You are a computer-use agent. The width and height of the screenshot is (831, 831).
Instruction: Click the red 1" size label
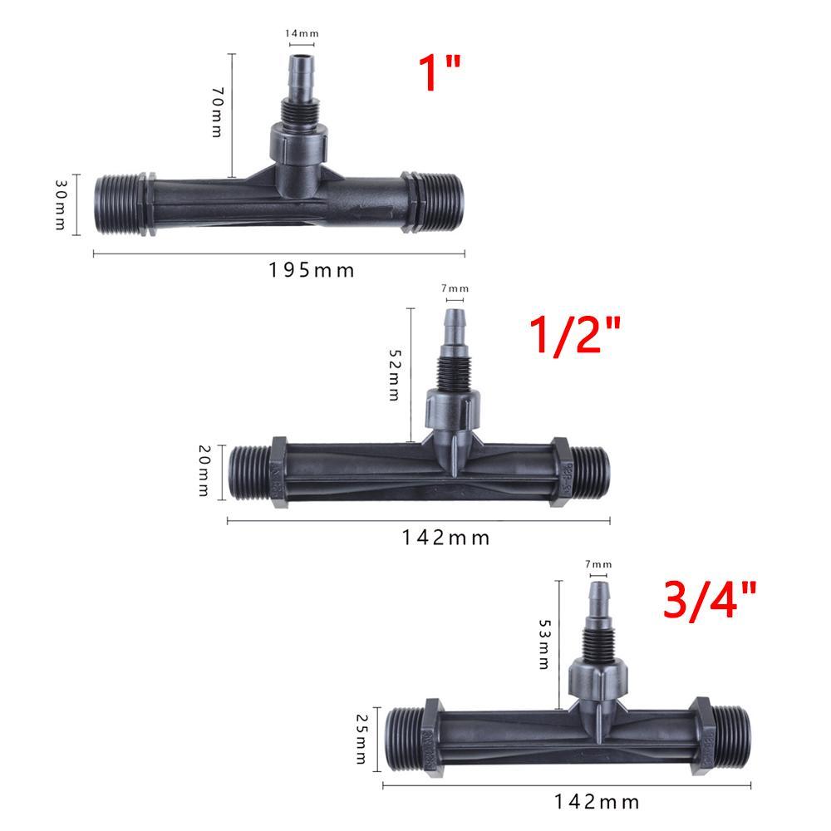coord(440,72)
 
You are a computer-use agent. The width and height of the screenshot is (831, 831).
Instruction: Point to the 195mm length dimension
coord(311,270)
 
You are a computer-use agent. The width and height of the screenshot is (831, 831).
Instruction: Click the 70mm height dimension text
coord(217,112)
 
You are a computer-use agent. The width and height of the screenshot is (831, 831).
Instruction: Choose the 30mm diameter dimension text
coord(61,204)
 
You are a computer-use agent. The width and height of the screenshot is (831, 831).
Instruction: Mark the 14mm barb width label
coord(302,33)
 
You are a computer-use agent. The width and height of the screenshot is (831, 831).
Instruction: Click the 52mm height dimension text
coord(395,374)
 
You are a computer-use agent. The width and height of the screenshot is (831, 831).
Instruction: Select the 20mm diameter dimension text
coord(204,470)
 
